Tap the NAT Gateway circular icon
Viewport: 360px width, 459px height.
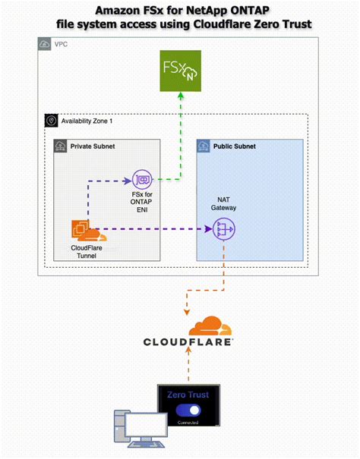[223, 228]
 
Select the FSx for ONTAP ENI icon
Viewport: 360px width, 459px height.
[142, 180]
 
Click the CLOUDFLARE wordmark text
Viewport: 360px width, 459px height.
[188, 342]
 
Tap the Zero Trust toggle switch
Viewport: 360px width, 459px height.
[188, 410]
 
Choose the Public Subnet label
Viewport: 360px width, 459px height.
[235, 144]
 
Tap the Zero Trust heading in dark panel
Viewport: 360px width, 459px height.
[188, 395]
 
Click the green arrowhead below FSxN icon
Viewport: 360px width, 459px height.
[179, 96]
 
